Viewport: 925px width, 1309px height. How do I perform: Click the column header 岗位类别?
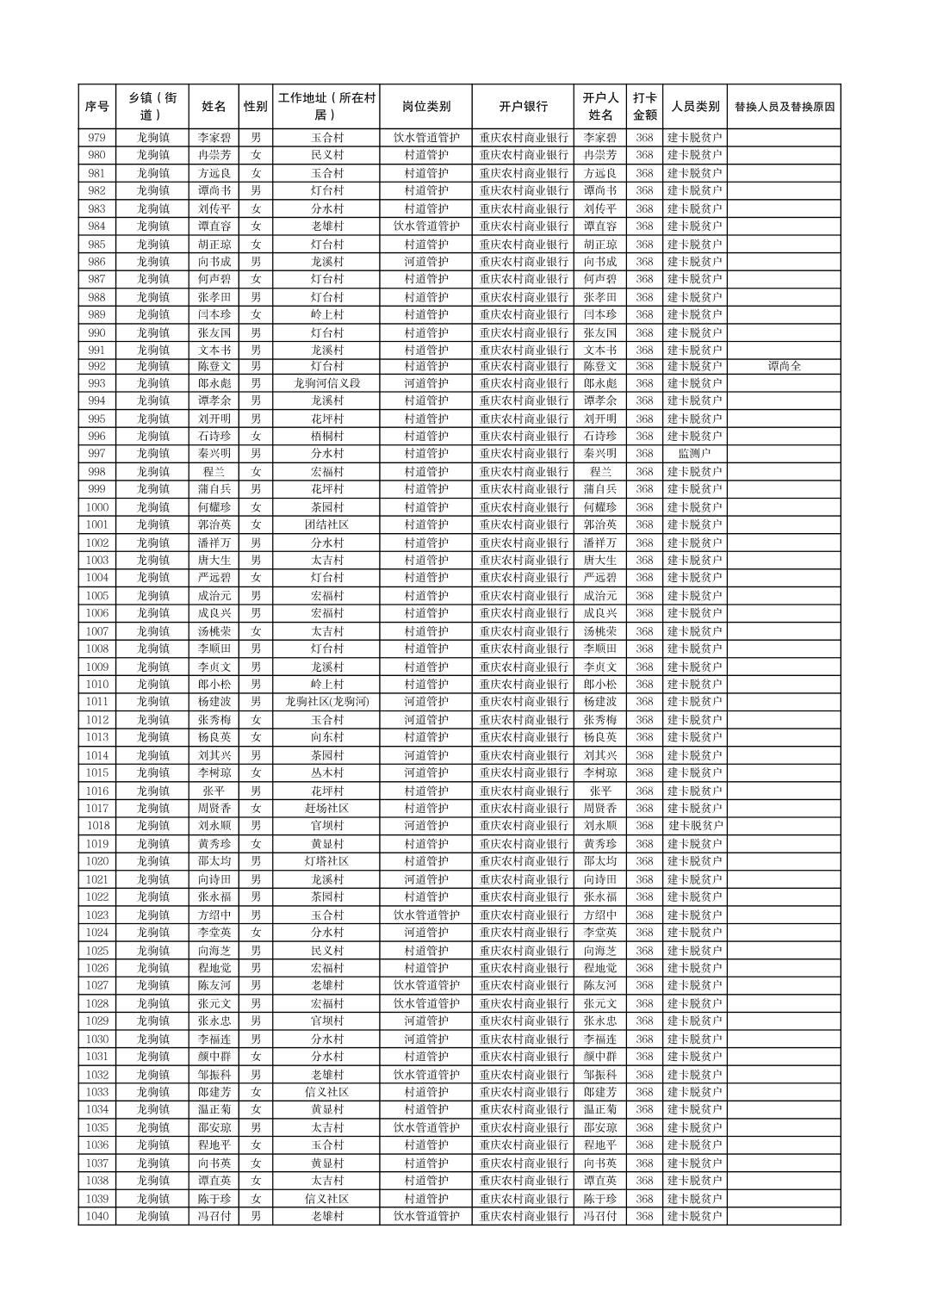coord(425,107)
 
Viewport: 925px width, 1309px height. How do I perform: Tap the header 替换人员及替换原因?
coord(784,107)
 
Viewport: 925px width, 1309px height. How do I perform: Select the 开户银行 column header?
coord(523,107)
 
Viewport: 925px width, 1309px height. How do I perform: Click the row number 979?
coord(97,138)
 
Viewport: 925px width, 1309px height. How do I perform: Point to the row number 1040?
coord(97,1216)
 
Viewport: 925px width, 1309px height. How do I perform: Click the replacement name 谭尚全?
coord(784,366)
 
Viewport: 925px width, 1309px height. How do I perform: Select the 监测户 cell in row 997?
coord(694,453)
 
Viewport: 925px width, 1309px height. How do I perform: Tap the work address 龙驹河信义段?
coord(326,383)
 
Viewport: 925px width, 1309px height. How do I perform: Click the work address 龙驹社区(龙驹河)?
coord(326,702)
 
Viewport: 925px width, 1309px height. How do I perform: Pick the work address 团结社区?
coord(326,524)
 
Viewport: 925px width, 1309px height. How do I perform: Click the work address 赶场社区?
coord(326,808)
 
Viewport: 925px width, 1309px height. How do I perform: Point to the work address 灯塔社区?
coord(326,861)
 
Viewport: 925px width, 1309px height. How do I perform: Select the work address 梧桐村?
coord(326,436)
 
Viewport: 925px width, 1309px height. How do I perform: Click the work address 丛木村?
coord(326,772)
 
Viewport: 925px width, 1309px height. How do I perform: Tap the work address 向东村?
coord(326,737)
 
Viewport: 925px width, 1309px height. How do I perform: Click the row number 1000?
coord(97,507)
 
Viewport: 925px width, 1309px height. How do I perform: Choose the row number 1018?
coord(97,826)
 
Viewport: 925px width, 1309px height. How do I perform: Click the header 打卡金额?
coord(644,107)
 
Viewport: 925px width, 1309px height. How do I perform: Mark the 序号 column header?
coord(97,107)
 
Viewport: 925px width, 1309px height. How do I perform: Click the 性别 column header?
coord(255,107)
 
